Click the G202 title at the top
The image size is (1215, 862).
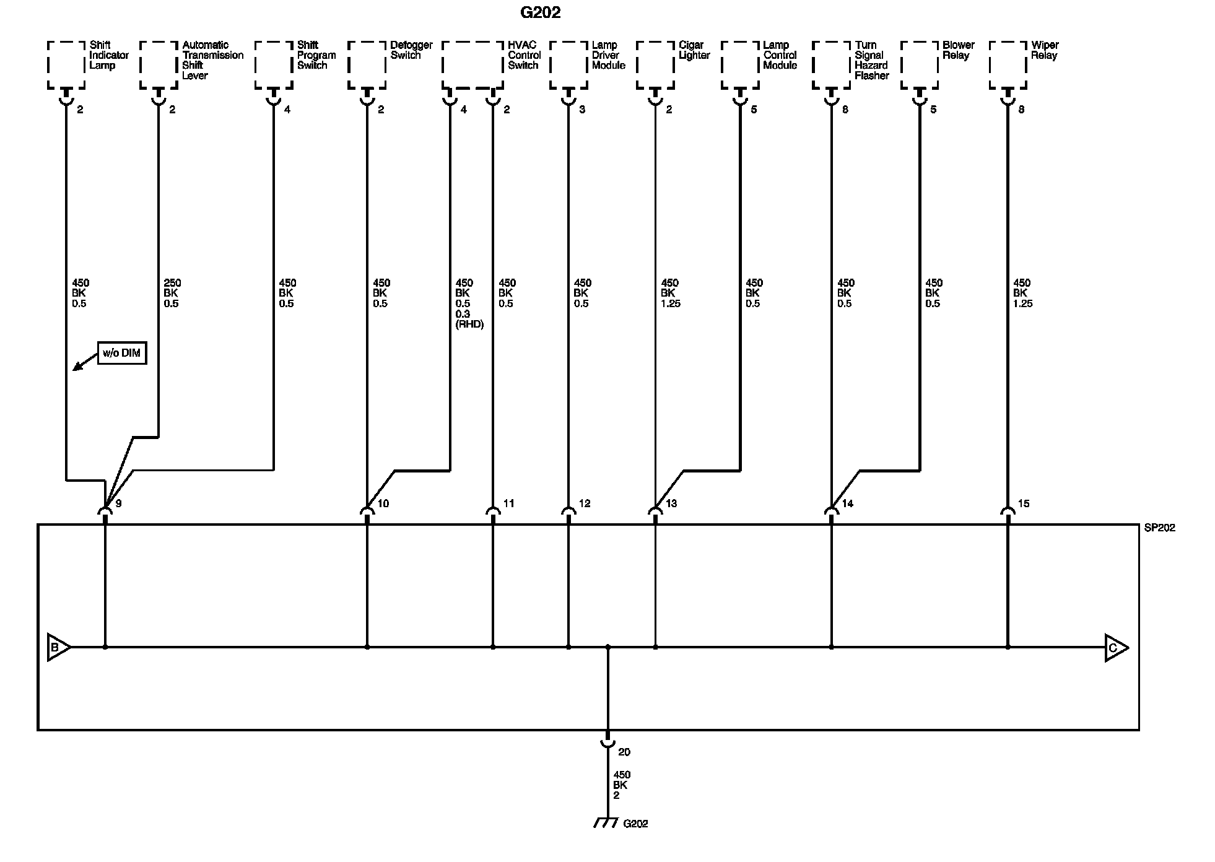click(x=540, y=12)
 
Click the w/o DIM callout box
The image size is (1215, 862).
click(x=122, y=354)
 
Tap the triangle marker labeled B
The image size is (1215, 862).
click(x=58, y=648)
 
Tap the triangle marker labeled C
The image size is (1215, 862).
click(x=1115, y=648)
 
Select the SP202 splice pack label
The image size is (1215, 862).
click(x=1160, y=528)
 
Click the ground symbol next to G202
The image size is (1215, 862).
click(x=606, y=822)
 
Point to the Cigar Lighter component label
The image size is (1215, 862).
click(x=694, y=50)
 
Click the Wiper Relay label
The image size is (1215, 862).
click(x=1045, y=50)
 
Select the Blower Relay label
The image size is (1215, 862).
click(x=958, y=50)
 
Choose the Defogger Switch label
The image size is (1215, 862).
click(x=411, y=50)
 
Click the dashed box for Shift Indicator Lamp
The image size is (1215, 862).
click(x=66, y=65)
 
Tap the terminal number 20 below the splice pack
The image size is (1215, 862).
click(x=624, y=752)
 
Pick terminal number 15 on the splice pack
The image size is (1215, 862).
click(x=1024, y=503)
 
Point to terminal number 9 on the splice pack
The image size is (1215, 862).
click(x=118, y=503)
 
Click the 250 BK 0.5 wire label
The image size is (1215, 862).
click(x=172, y=293)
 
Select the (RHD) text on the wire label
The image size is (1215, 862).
click(x=469, y=324)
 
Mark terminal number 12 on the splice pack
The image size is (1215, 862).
click(x=585, y=503)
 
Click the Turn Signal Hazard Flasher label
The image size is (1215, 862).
click(x=871, y=60)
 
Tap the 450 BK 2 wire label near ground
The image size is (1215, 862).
click(x=621, y=785)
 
